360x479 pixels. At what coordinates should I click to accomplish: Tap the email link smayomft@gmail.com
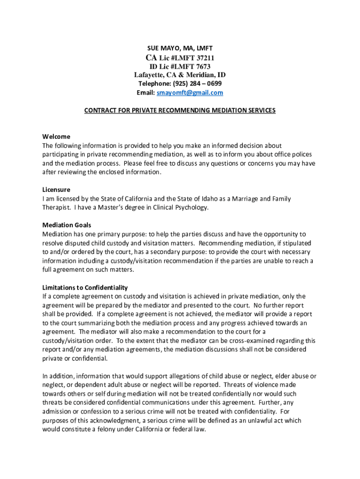coord(190,93)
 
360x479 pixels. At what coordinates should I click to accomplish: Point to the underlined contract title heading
coord(180,110)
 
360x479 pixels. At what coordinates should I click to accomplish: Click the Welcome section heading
coord(56,137)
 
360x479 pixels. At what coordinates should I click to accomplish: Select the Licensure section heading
coord(56,190)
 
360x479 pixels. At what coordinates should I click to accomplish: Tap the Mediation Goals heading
coord(67,225)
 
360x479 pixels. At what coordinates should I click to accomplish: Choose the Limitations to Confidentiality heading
coord(85,287)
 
